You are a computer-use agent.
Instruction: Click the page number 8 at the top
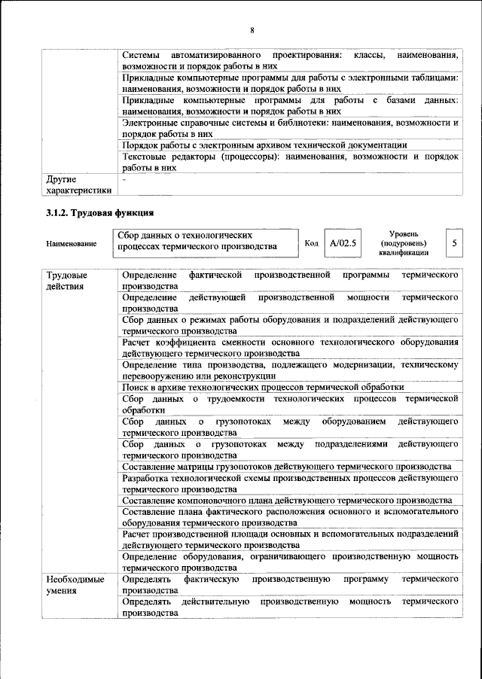(252, 30)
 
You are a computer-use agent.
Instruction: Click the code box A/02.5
(342, 243)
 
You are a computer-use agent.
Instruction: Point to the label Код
(311, 243)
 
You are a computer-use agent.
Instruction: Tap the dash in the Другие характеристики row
(125, 180)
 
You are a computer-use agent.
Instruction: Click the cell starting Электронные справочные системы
(290, 127)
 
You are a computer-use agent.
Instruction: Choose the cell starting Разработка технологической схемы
(290, 483)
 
